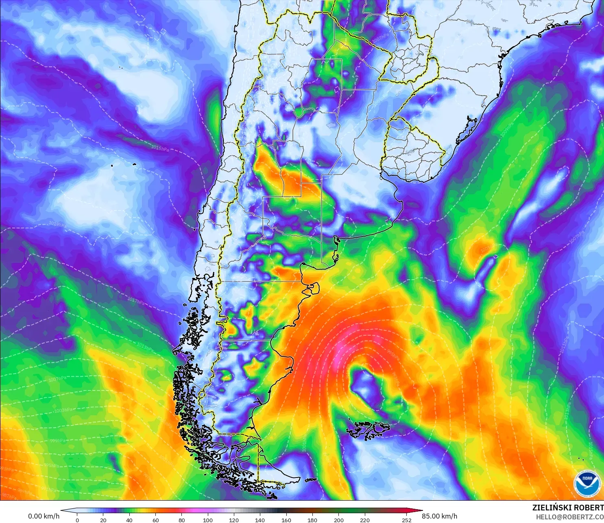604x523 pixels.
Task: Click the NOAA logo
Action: point(587,484)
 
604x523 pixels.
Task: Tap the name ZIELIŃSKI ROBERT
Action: point(568,508)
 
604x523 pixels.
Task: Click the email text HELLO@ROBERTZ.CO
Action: point(569,517)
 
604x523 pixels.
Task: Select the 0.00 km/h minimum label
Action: point(44,516)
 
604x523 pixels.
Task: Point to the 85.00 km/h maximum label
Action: point(439,516)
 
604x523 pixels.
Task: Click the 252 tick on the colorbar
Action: point(407,520)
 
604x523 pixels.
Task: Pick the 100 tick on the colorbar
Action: point(208,520)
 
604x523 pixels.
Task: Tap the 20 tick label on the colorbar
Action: point(103,520)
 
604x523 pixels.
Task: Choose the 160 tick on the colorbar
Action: point(286,520)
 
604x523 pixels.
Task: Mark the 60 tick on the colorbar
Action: point(155,520)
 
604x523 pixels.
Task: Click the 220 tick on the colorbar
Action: point(365,520)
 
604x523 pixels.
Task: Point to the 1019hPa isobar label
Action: point(57,224)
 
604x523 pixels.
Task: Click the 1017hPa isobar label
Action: point(136,302)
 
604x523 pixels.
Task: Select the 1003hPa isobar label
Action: point(63,410)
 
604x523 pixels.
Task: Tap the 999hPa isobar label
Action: point(58,441)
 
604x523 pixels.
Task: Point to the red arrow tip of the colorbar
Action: point(419,511)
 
